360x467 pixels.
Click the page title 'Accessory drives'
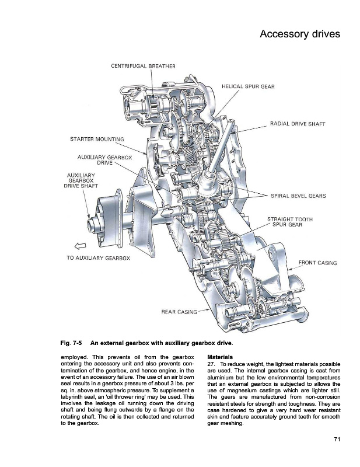point(300,34)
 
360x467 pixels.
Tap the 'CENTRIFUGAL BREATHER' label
point(143,66)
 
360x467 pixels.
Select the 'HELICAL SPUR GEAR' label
point(249,86)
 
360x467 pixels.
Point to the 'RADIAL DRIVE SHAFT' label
point(298,124)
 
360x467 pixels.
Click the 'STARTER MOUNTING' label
point(97,139)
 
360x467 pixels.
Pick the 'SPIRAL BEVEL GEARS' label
point(298,196)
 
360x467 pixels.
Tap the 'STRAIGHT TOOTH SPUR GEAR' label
point(290,222)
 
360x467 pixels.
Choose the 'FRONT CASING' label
point(318,263)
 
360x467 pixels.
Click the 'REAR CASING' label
point(179,312)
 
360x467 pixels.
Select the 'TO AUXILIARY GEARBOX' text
point(98,258)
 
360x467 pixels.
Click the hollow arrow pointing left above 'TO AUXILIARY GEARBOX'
point(80,246)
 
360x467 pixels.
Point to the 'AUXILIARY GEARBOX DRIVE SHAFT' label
point(81,180)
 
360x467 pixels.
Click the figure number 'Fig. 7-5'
point(71,343)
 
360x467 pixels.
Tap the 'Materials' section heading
point(220,357)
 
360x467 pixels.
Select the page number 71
point(337,440)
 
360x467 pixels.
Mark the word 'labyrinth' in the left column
point(71,397)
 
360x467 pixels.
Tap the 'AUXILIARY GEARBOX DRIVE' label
point(104,160)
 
